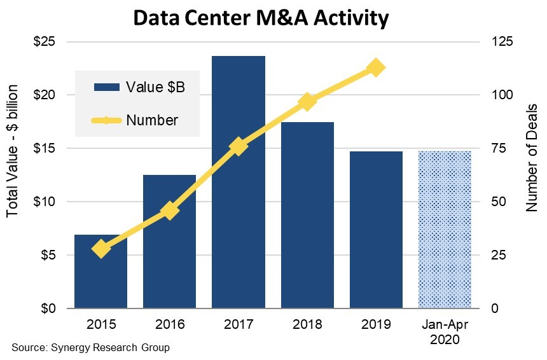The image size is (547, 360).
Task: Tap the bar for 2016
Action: (x=170, y=242)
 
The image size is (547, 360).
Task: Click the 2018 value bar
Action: (x=307, y=216)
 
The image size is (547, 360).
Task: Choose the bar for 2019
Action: (x=376, y=229)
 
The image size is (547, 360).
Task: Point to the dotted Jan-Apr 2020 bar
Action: (x=445, y=229)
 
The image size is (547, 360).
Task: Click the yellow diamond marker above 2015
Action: (x=101, y=249)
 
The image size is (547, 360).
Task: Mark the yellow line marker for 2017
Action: (x=239, y=146)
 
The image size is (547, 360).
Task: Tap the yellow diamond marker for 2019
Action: (x=376, y=67)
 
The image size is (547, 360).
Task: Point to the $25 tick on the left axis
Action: (x=46, y=42)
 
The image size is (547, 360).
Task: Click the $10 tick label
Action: (x=46, y=202)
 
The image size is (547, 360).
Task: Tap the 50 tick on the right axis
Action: (x=496, y=202)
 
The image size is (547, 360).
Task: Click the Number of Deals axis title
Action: (x=532, y=157)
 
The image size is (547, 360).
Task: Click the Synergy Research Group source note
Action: (x=91, y=348)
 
